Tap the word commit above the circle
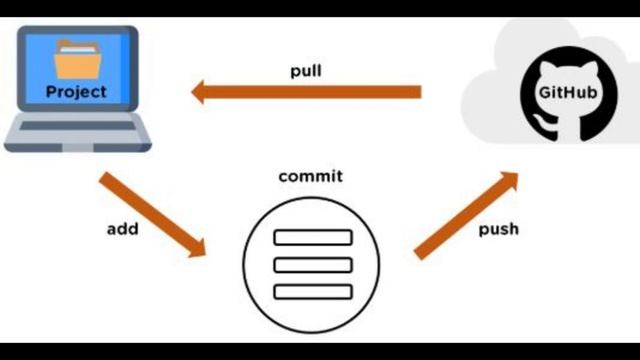pyautogui.click(x=310, y=177)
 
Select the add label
pyautogui.click(x=122, y=229)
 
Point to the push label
pyautogui.click(x=498, y=229)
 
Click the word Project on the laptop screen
pyautogui.click(x=76, y=92)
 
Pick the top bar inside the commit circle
pyautogui.click(x=312, y=237)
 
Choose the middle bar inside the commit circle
pyautogui.click(x=312, y=264)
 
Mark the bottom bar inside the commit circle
pyautogui.click(x=312, y=291)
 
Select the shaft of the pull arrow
pyautogui.click(x=320, y=93)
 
